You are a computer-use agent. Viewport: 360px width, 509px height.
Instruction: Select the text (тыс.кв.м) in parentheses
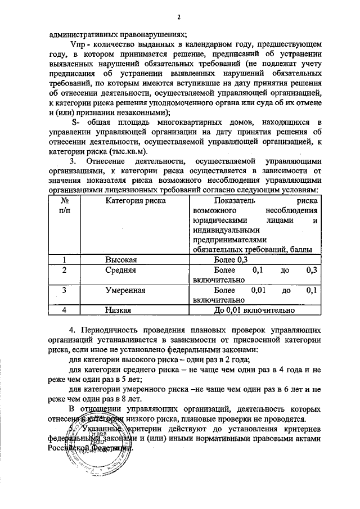129,151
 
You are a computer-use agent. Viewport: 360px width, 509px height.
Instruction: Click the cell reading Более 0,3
231,260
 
